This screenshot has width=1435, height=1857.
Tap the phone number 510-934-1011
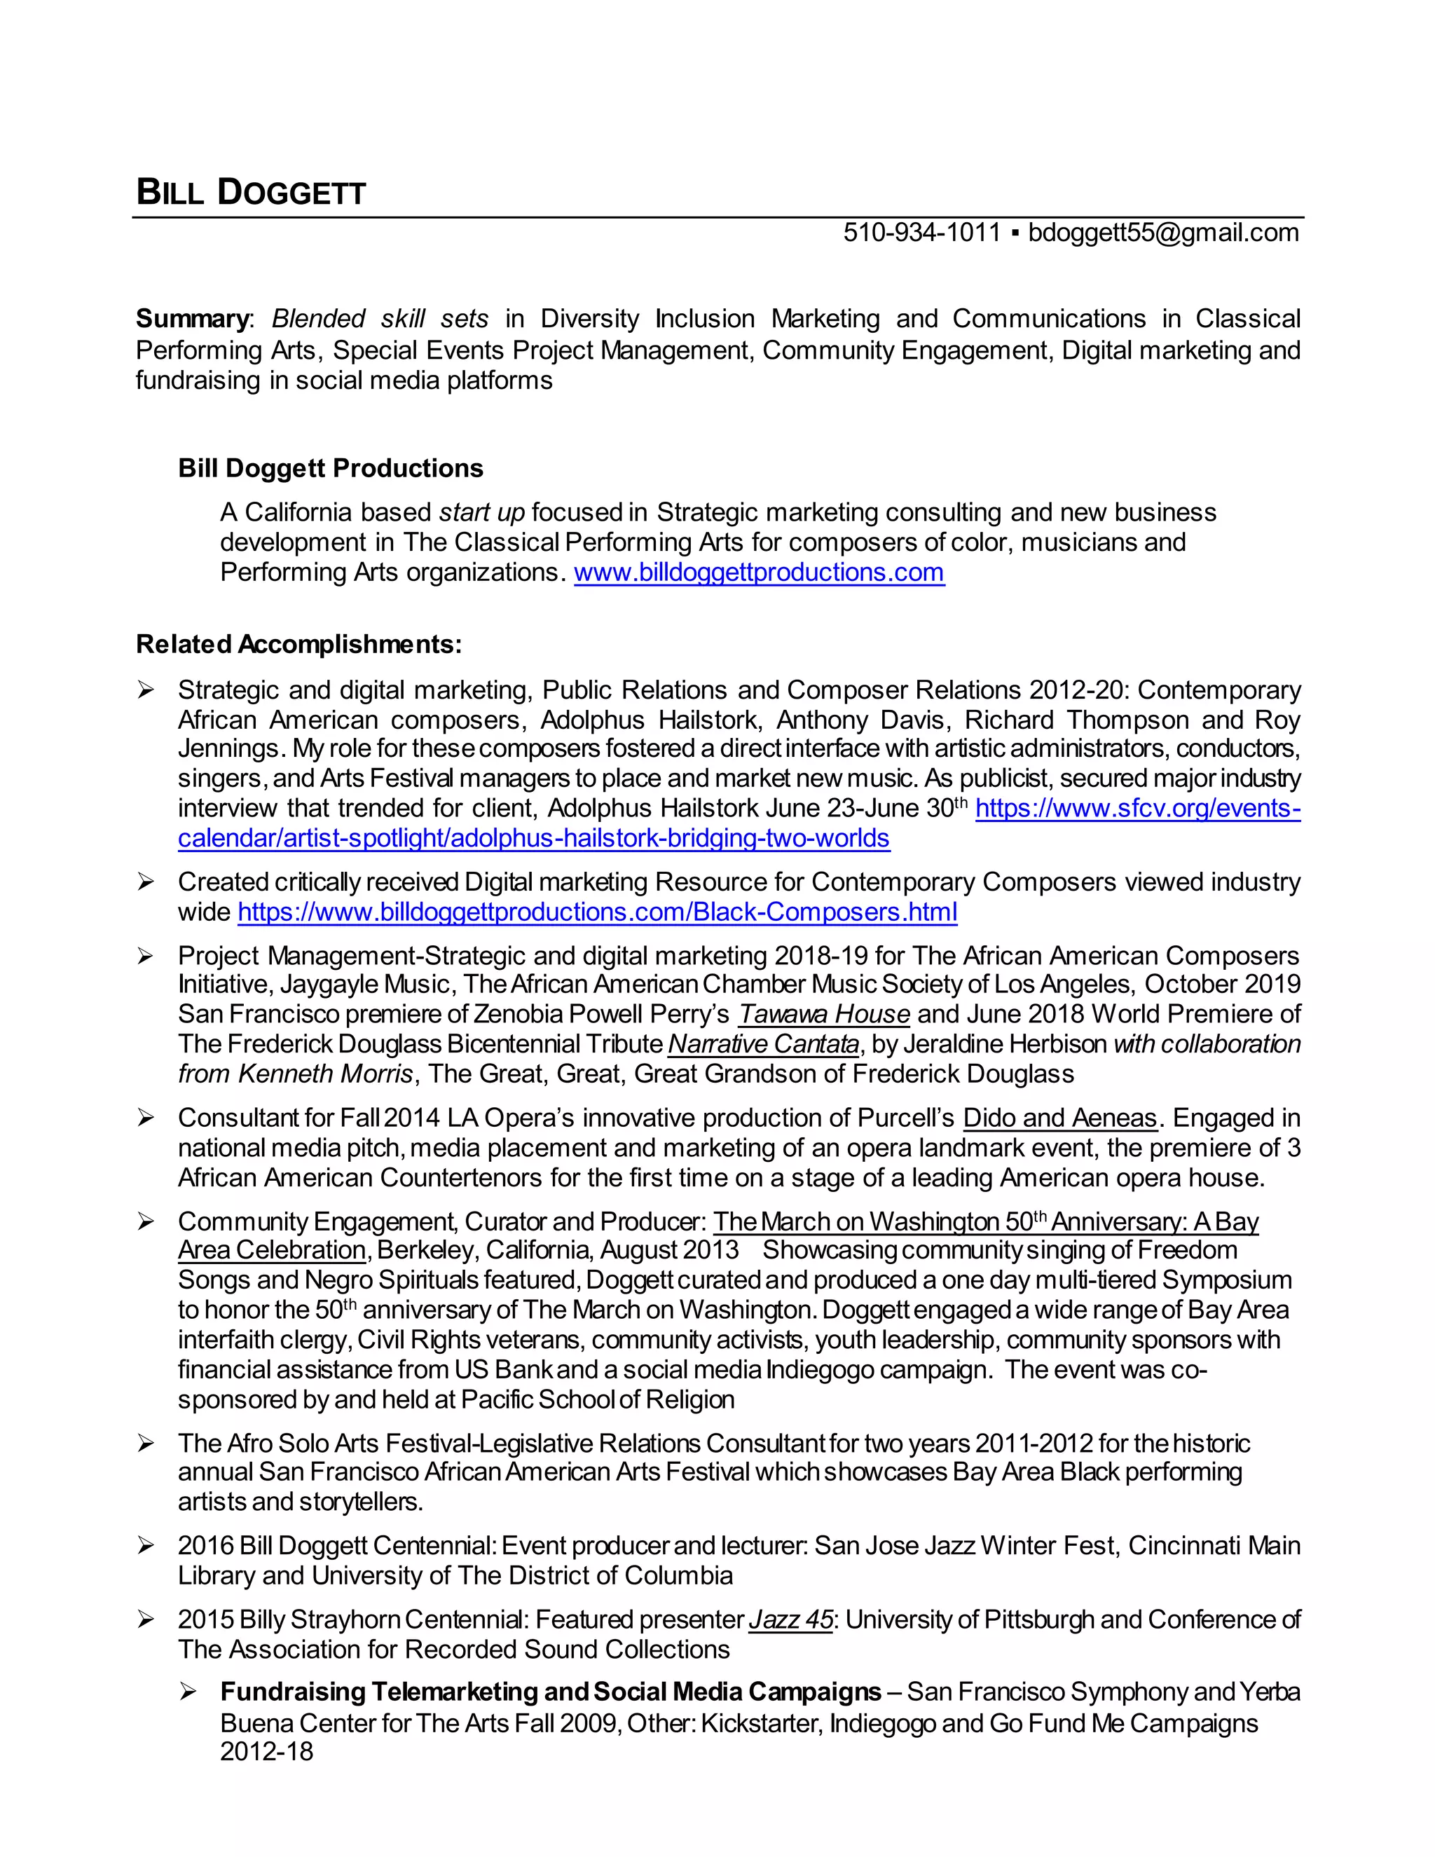click(x=921, y=232)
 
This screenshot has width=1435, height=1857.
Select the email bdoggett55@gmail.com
click(x=1163, y=232)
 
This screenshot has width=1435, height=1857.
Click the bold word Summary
click(x=191, y=319)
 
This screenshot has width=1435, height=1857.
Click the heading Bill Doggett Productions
click(x=330, y=469)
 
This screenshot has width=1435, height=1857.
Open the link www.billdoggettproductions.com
click(x=758, y=573)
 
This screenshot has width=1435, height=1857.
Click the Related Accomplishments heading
click(x=298, y=645)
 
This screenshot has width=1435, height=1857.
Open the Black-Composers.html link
click(x=597, y=912)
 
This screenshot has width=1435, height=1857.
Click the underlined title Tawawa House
click(x=824, y=1015)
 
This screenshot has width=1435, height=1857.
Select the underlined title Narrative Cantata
click(x=764, y=1044)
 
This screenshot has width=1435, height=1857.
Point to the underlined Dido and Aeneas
click(x=1060, y=1118)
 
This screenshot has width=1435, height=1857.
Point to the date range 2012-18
click(x=266, y=1752)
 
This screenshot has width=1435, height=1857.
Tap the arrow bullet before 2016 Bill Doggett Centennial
click(x=146, y=1547)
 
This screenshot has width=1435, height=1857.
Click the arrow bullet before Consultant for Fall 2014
click(x=146, y=1119)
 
